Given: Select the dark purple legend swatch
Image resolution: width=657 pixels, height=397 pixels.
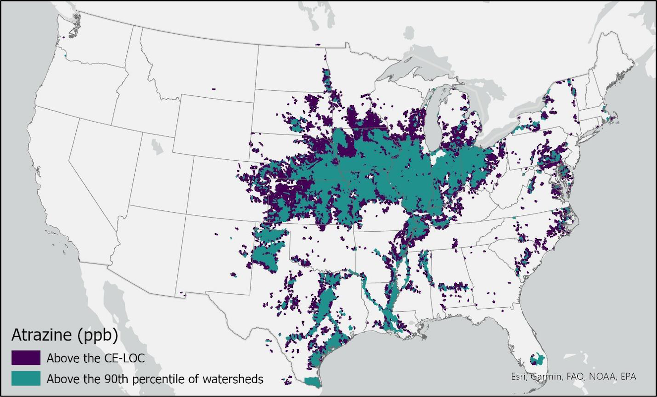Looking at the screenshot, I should coord(26,357).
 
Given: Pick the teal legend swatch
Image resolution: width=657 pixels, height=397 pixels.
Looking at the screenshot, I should coord(26,378).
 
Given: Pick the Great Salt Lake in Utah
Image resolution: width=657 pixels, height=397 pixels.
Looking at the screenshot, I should coord(158,146).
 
